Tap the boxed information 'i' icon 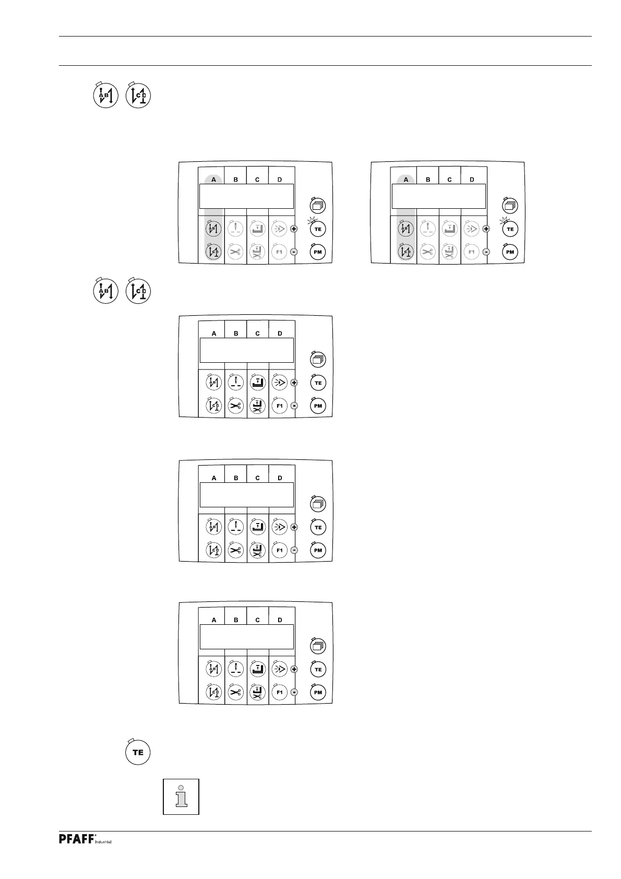[181, 796]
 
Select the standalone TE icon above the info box [138, 752]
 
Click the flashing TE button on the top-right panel [510, 229]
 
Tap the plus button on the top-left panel [294, 229]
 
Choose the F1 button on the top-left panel [279, 252]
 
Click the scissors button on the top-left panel [236, 252]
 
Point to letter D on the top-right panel [472, 180]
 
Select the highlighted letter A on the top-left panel [214, 180]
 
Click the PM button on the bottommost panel [318, 693]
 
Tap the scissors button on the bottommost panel [236, 693]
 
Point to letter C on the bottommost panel [257, 620]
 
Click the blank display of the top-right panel [438, 196]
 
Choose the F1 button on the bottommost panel [279, 693]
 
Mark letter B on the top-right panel [428, 180]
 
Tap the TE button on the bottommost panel [318, 670]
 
